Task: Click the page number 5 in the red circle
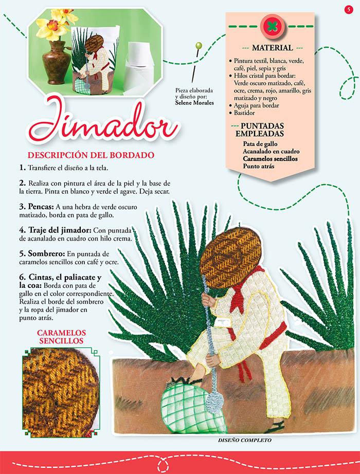pos(349,9)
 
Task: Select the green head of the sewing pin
pos(199,46)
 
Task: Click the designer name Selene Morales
pos(194,103)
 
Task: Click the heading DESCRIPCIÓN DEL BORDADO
pos(91,155)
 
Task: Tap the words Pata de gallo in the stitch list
pos(260,144)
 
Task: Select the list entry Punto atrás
pos(259,166)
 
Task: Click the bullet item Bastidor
pos(244,113)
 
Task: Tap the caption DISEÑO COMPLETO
pos(244,440)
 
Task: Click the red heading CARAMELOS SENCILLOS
pos(61,337)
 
